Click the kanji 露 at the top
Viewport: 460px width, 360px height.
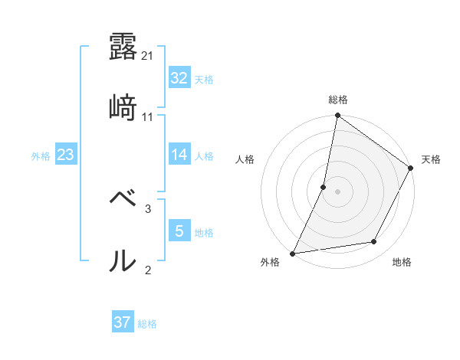point(123,46)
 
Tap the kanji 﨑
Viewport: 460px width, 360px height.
point(123,108)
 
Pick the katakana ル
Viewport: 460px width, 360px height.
point(123,260)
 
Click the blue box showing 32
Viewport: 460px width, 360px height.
point(179,78)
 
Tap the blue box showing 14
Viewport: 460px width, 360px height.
point(179,155)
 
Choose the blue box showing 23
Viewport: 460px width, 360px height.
point(65,155)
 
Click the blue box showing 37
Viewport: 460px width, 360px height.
point(122,322)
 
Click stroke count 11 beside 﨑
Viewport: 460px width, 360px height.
point(148,116)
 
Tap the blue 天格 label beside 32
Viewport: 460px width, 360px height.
point(204,79)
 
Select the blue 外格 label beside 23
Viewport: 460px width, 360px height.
point(41,155)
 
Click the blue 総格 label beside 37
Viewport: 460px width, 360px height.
point(147,323)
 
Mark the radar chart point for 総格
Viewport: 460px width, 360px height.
point(337,116)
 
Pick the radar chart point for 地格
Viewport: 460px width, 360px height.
point(374,242)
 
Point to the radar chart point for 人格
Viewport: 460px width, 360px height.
point(324,186)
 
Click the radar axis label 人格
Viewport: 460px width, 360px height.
point(245,159)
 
